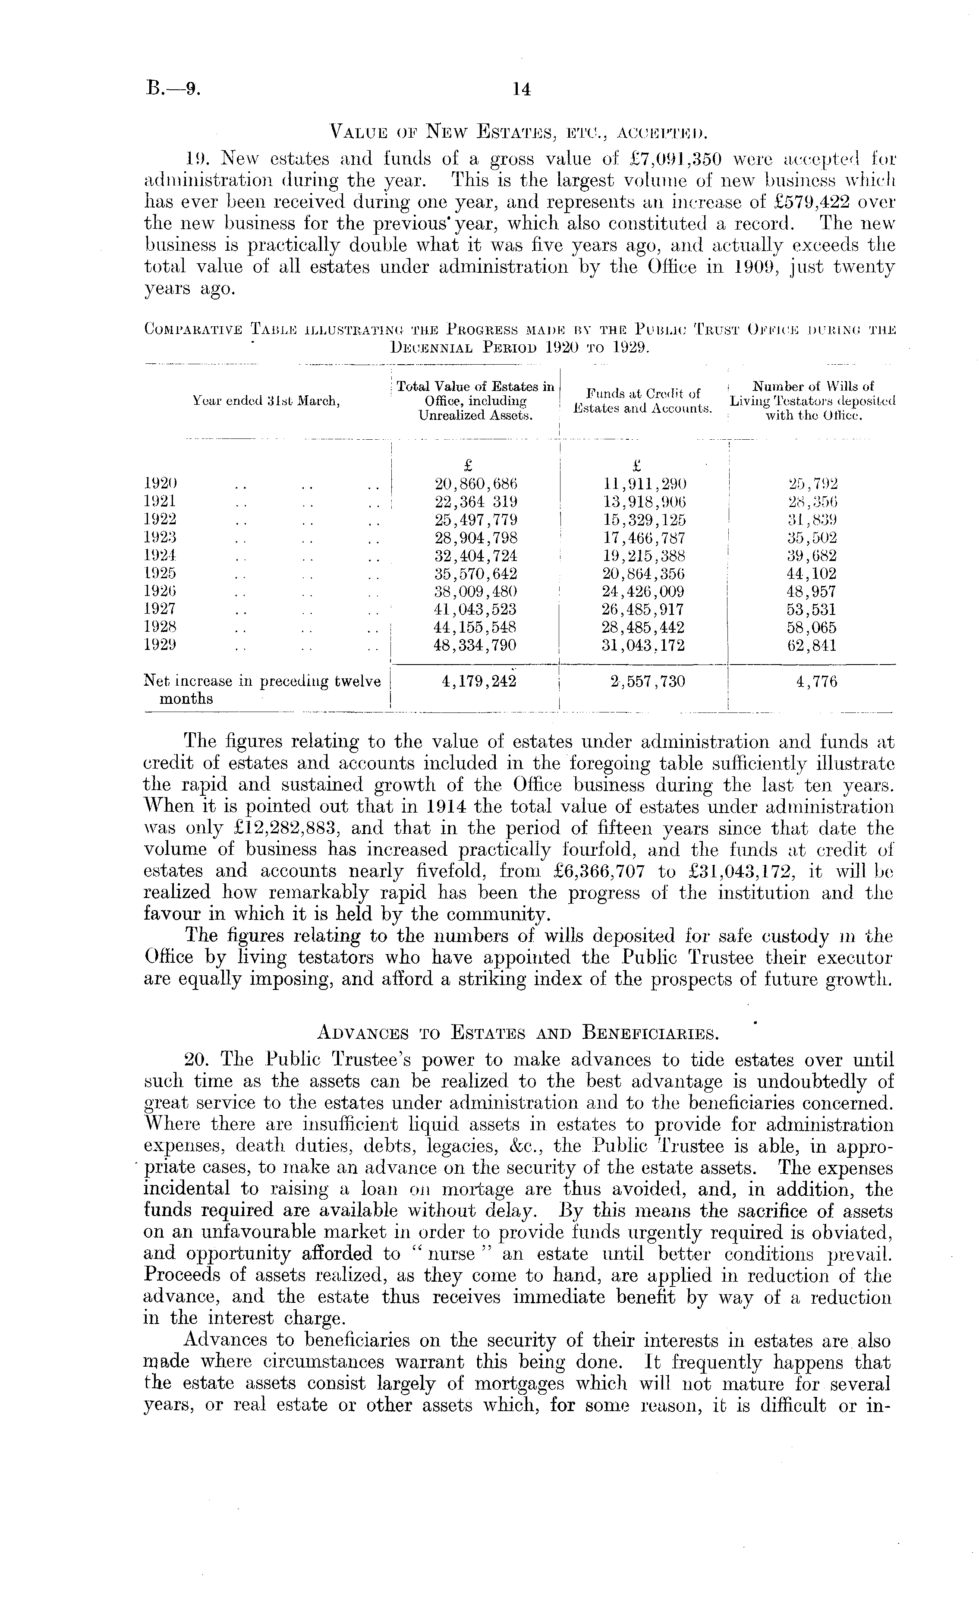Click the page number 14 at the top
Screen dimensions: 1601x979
tap(522, 90)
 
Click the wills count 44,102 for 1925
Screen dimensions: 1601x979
tap(812, 574)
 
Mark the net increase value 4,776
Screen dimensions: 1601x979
tap(812, 681)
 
